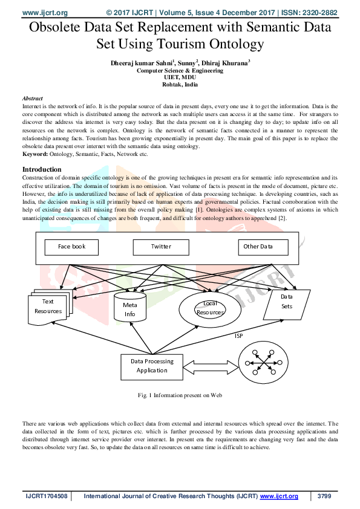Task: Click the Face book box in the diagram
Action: [72, 247]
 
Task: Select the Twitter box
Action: [161, 247]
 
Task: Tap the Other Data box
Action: [258, 247]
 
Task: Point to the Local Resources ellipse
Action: [210, 308]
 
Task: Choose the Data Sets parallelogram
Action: [287, 302]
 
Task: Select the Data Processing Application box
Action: [152, 365]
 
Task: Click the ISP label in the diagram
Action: [239, 335]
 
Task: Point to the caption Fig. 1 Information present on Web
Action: [180, 395]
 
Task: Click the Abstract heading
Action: [32, 98]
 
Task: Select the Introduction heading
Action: [42, 169]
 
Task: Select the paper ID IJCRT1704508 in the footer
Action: [46, 496]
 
